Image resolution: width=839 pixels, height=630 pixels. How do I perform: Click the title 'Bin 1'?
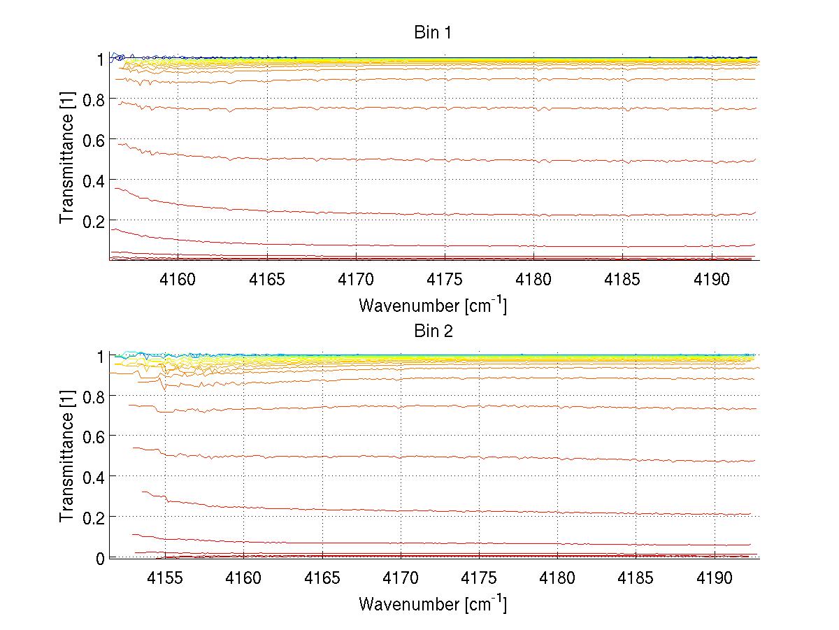point(433,34)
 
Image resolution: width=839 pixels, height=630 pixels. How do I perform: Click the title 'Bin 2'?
point(433,331)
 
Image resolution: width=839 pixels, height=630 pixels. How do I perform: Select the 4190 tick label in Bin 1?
point(712,280)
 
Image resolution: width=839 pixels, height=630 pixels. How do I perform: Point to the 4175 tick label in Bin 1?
point(445,280)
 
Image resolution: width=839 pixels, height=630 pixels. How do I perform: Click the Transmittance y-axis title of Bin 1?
point(67,159)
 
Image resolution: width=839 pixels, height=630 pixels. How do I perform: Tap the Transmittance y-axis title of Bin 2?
point(67,457)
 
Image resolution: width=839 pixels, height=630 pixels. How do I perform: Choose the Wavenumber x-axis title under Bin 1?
point(432,306)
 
